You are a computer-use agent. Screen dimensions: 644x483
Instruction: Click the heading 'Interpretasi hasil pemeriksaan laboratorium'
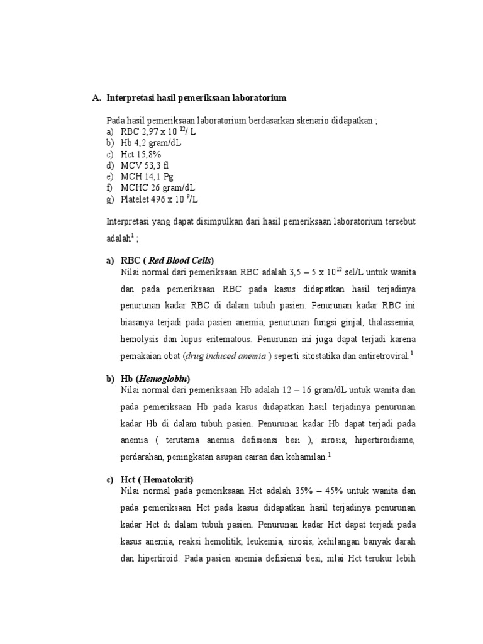pos(196,98)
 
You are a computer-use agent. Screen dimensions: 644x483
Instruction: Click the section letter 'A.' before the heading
pos(96,98)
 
